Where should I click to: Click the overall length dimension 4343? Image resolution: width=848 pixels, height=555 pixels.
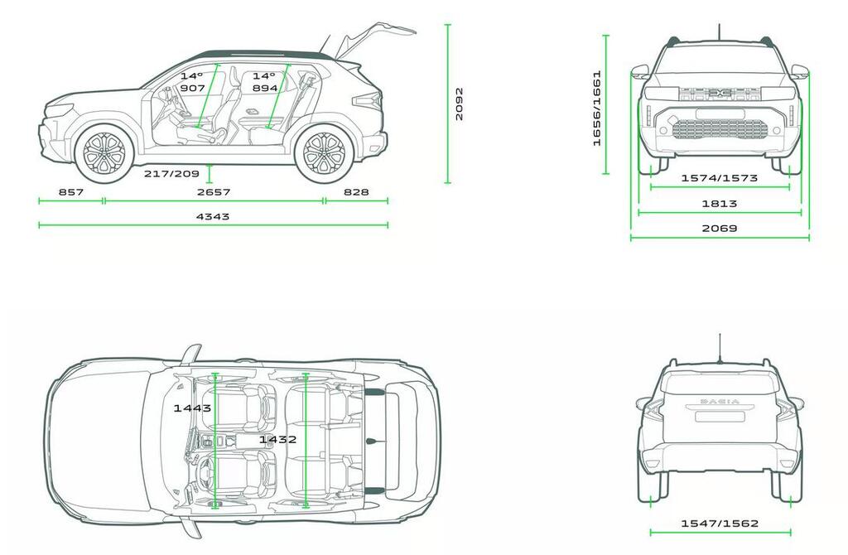tap(213, 216)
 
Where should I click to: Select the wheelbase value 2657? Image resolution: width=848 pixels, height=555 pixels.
tap(213, 192)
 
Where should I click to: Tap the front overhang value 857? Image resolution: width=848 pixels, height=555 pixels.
tap(71, 192)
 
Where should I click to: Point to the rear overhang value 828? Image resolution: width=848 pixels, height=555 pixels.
tap(355, 192)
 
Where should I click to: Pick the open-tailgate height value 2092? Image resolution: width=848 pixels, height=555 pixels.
tap(460, 104)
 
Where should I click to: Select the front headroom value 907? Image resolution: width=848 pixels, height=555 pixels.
tap(192, 88)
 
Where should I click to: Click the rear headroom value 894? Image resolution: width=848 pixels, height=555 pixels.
tap(264, 88)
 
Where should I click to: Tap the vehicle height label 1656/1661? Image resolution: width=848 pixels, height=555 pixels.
tap(596, 108)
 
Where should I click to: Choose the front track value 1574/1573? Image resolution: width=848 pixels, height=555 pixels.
tap(719, 178)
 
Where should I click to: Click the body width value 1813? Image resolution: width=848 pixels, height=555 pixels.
tap(720, 203)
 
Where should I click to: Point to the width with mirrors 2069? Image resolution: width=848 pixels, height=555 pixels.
tap(720, 228)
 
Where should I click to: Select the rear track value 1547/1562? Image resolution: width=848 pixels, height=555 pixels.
tap(719, 524)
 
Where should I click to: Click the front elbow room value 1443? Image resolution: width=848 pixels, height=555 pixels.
tap(192, 408)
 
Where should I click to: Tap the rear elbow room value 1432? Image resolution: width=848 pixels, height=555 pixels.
tap(277, 439)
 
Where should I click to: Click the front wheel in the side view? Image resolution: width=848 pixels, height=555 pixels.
tap(104, 152)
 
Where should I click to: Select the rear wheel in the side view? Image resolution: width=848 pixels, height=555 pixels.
tap(324, 153)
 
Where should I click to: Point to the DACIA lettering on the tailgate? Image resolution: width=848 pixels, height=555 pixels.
tap(720, 402)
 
